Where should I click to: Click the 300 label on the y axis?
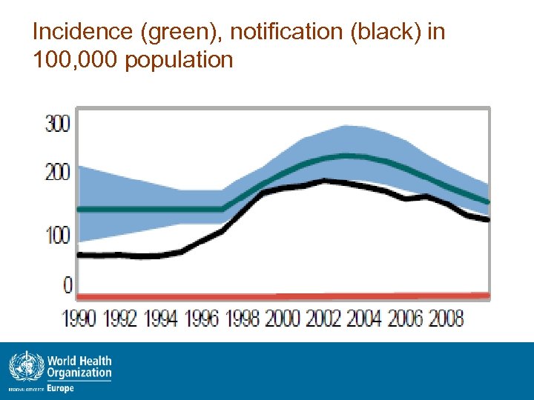57,124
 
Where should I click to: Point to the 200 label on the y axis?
57,173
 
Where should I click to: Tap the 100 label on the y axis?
57,236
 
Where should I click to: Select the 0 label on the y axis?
66,284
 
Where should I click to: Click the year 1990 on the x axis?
79,319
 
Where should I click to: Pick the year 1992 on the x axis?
120,319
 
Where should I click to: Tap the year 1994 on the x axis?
161,319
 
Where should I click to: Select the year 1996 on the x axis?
202,319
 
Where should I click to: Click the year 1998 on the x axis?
243,319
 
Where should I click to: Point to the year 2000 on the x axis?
283,319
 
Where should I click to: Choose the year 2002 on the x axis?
324,319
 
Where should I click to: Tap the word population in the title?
179,60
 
